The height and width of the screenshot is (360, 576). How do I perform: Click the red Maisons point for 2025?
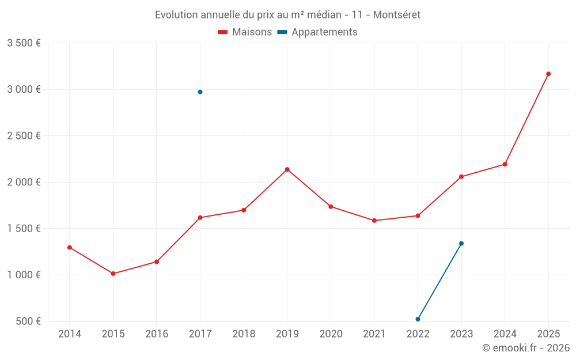coord(548,74)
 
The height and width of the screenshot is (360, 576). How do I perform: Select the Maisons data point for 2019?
coord(287,169)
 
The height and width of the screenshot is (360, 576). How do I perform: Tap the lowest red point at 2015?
coord(113,274)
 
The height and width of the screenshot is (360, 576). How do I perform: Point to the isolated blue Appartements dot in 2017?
coord(200,92)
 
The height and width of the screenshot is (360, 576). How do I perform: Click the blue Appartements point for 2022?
coord(418,319)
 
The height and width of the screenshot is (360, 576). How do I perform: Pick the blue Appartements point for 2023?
coord(461,244)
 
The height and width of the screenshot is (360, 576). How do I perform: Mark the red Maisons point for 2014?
coord(70,248)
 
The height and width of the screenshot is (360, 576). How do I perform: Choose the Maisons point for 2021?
coord(374,221)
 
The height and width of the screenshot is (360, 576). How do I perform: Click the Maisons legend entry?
coord(245,32)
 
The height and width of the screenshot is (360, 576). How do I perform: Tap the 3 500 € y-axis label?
coord(24,43)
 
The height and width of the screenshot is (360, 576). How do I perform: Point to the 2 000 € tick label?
coord(24,182)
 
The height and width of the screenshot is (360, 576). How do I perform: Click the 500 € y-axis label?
coord(28,321)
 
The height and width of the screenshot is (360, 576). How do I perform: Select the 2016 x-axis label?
coord(157,334)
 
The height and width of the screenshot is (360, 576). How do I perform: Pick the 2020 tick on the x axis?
coord(331,334)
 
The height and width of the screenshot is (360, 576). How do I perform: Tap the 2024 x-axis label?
coord(505,334)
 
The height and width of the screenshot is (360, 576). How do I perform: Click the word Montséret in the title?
coord(397,15)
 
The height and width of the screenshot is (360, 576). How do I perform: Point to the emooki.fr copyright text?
coord(526,348)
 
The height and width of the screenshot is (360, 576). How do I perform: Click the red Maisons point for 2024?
coord(505,164)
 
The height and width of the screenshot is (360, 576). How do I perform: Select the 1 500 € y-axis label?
coord(24,228)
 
